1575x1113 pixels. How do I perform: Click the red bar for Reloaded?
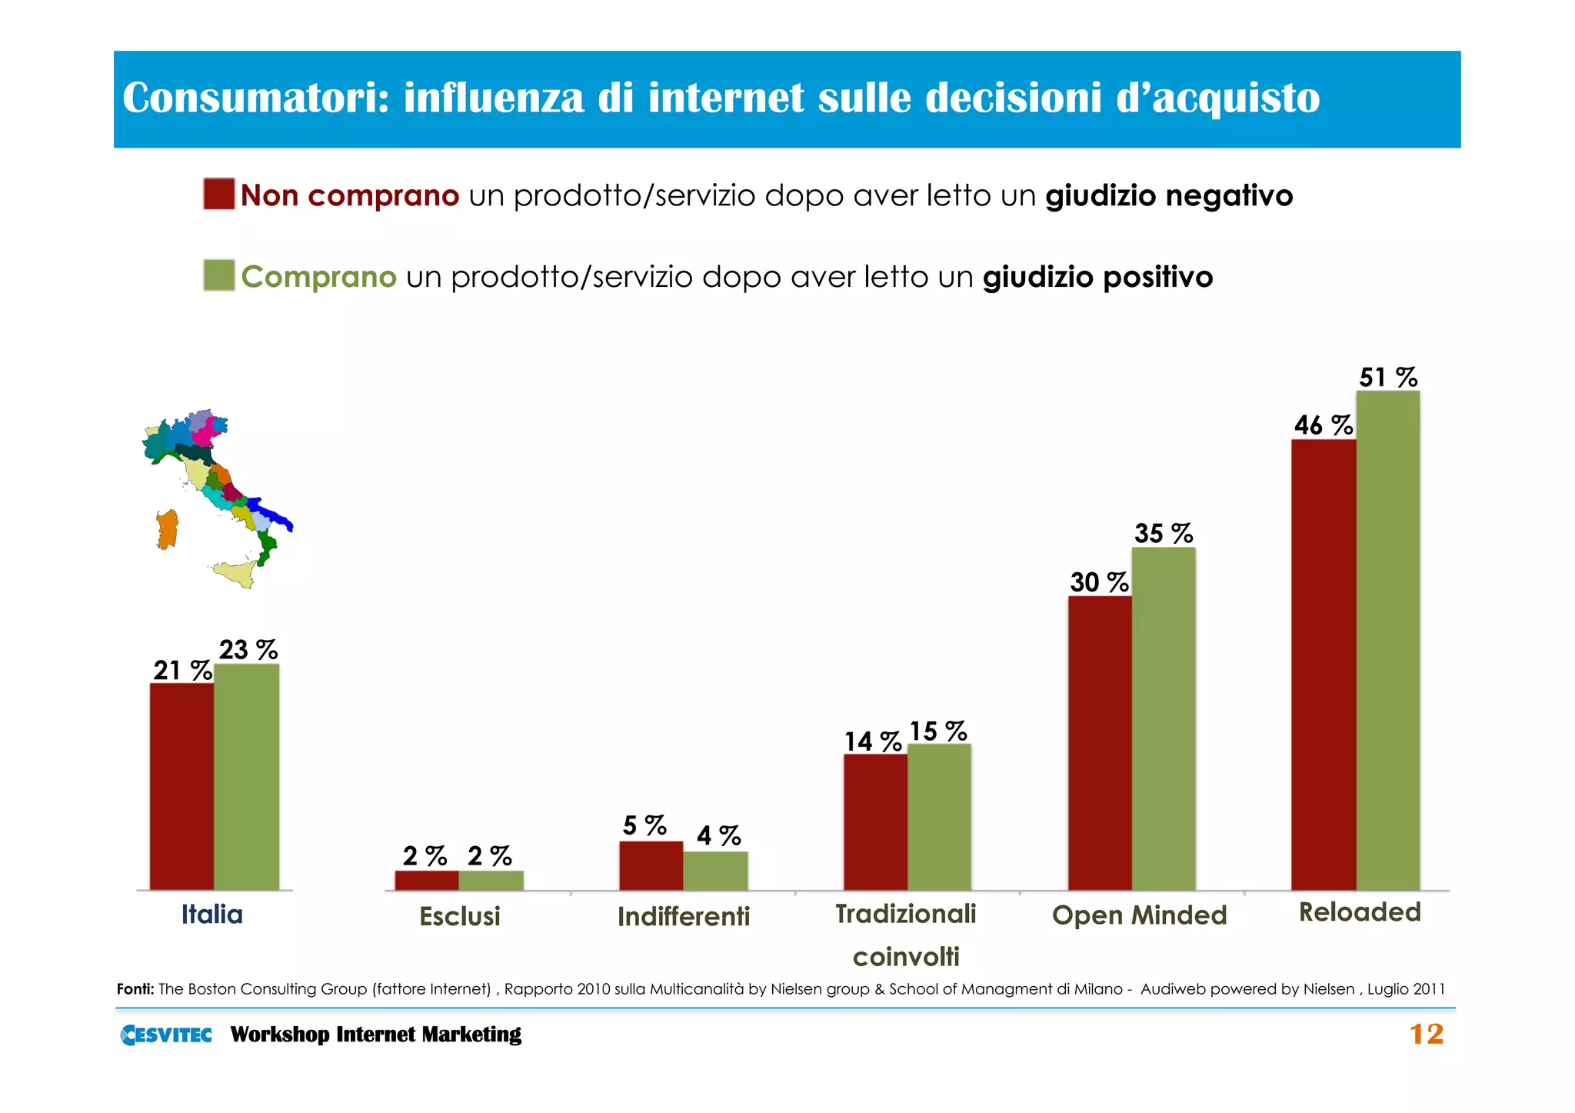(x=1323, y=665)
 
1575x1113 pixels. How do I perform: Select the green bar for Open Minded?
(x=1164, y=719)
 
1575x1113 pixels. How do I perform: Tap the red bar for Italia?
(x=181, y=786)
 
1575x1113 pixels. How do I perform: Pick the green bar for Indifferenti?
(x=715, y=871)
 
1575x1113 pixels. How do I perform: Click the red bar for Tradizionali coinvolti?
(x=875, y=822)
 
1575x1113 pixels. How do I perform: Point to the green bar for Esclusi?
(x=491, y=880)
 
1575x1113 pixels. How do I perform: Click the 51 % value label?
(x=1387, y=378)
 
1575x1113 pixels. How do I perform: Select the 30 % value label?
(x=1098, y=582)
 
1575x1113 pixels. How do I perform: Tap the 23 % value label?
(x=248, y=650)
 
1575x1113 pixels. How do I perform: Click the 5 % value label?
(x=644, y=826)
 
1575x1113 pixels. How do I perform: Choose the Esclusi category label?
(x=460, y=916)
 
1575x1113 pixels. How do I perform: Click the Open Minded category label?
(x=1139, y=915)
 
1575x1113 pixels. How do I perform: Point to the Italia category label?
(x=211, y=915)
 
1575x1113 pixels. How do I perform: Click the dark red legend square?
(x=219, y=194)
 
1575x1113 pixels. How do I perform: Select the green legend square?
(x=219, y=275)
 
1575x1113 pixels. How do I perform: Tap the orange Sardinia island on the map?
(x=167, y=530)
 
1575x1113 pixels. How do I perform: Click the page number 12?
(x=1426, y=1035)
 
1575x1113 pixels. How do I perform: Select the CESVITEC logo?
(x=166, y=1035)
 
